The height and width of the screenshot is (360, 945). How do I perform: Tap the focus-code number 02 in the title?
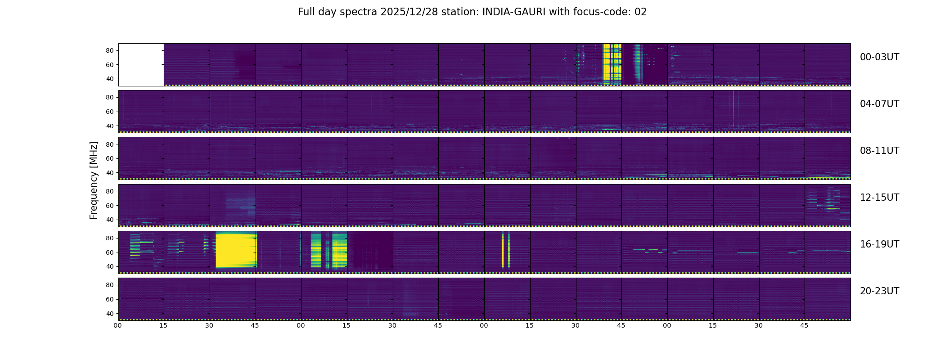tap(640, 12)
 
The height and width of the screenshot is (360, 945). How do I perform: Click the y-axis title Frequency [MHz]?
tap(94, 180)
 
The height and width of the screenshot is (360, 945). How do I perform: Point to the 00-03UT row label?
tap(879, 57)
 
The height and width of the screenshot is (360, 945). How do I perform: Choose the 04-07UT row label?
tap(879, 104)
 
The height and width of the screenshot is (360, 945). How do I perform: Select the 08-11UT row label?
tap(879, 151)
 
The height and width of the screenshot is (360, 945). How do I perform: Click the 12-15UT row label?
tap(879, 198)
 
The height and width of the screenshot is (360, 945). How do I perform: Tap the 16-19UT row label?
tap(879, 244)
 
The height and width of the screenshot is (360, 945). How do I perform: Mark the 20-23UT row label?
tap(879, 291)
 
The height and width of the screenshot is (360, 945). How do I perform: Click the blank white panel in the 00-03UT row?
tap(141, 64)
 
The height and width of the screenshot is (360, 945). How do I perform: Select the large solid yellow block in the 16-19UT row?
tap(235, 250)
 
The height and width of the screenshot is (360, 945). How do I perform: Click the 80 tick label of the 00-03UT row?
tap(109, 51)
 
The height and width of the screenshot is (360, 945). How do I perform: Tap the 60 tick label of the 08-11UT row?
tap(109, 159)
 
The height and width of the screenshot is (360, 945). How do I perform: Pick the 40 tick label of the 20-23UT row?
tap(109, 314)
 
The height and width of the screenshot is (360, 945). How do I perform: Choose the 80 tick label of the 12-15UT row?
tap(109, 191)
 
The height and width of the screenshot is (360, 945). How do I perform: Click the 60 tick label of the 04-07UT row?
tap(109, 112)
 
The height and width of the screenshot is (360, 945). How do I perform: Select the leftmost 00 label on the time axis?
tap(118, 326)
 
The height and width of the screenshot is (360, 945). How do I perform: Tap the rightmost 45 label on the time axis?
tap(804, 326)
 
